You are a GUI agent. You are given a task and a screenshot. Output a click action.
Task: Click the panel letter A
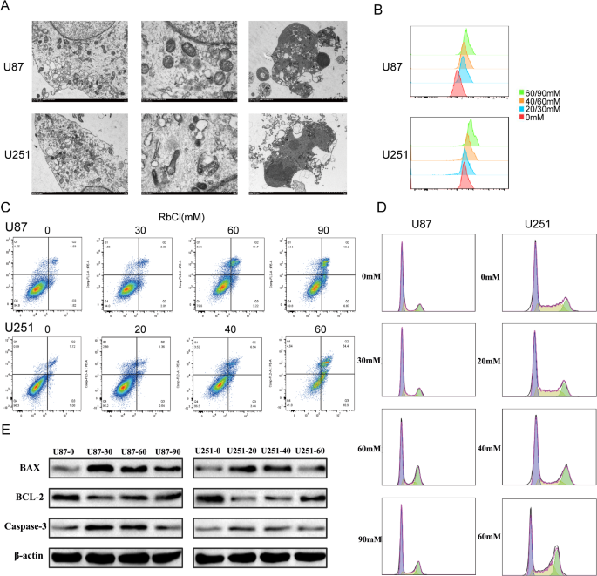point(8,8)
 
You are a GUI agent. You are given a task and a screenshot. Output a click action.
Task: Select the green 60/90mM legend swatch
point(518,91)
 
